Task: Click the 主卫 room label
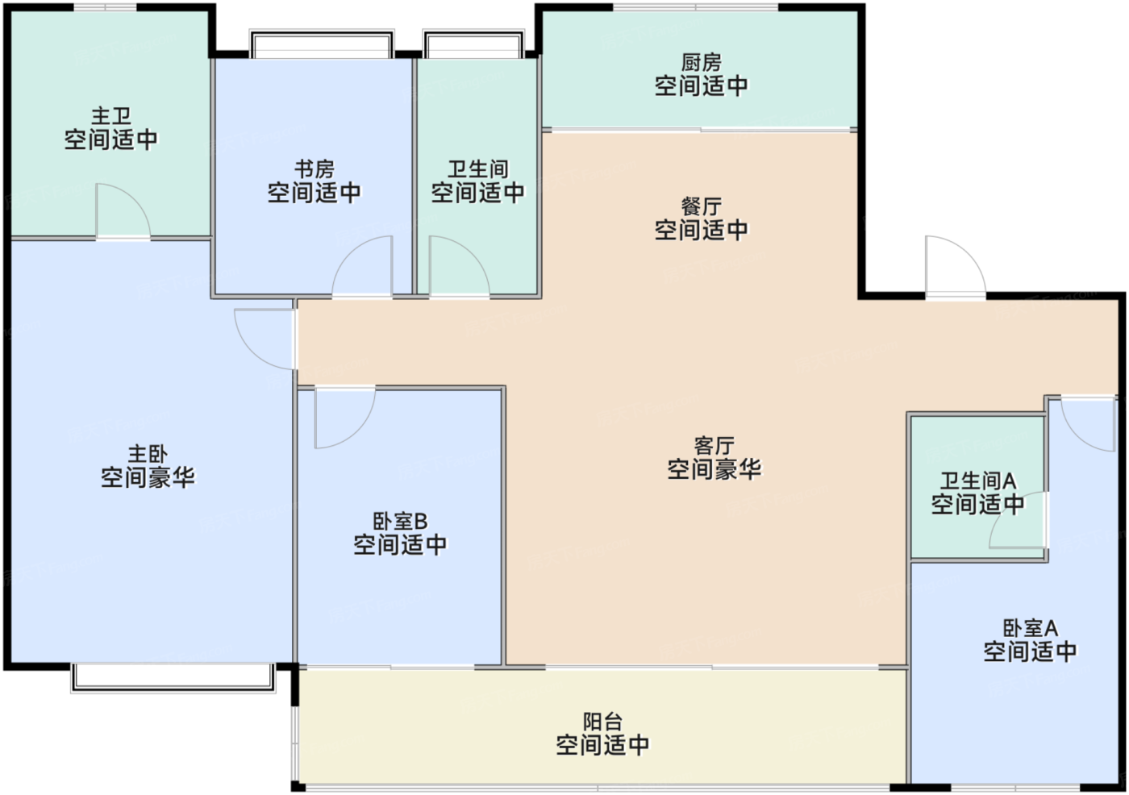pos(111,116)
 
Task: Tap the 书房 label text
pos(315,169)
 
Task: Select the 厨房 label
pos(701,63)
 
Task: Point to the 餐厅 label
pos(701,206)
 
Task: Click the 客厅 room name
pos(714,446)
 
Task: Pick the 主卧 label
pos(148,454)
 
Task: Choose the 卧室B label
pos(400,522)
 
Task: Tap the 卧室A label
pos(1031,628)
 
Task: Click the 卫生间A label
pos(978,481)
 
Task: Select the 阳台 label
pos(603,722)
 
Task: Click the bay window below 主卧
pos(173,677)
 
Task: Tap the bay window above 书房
pos(322,44)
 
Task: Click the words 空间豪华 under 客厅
pos(714,469)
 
